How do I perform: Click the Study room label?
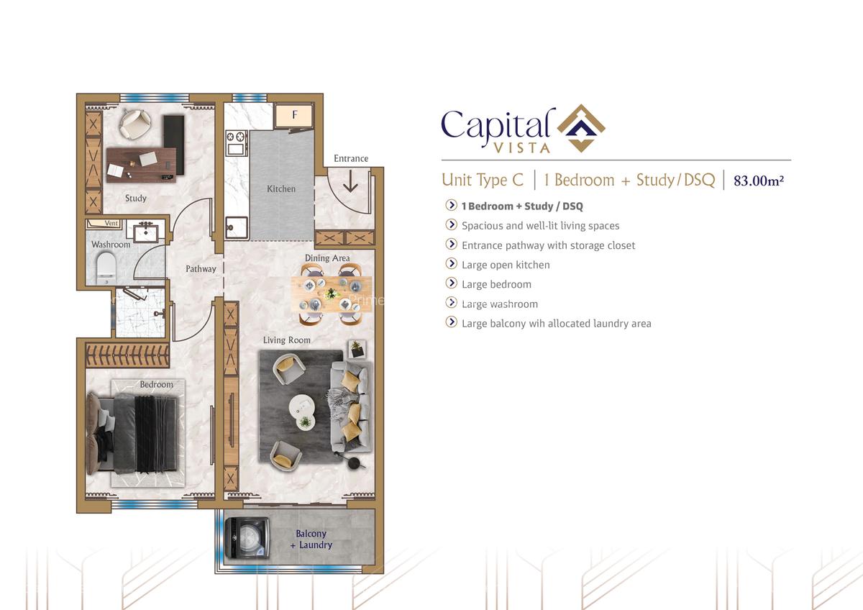click(x=135, y=198)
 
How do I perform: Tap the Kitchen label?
click(x=281, y=188)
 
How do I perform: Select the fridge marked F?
click(x=294, y=115)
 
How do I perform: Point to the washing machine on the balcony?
click(x=247, y=538)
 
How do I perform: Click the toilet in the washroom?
click(x=106, y=265)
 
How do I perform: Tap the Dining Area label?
click(x=327, y=258)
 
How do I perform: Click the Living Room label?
click(x=286, y=340)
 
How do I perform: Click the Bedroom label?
click(x=156, y=385)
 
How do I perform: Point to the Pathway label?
click(x=201, y=268)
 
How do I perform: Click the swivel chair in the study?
click(x=134, y=124)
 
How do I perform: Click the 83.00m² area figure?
click(x=758, y=181)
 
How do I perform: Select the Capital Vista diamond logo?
click(x=581, y=129)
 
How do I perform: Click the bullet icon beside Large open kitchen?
click(x=452, y=264)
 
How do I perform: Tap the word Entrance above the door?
click(x=351, y=158)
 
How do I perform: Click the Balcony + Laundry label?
click(x=311, y=540)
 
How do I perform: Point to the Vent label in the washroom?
click(x=111, y=224)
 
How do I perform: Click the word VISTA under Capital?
click(x=521, y=148)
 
